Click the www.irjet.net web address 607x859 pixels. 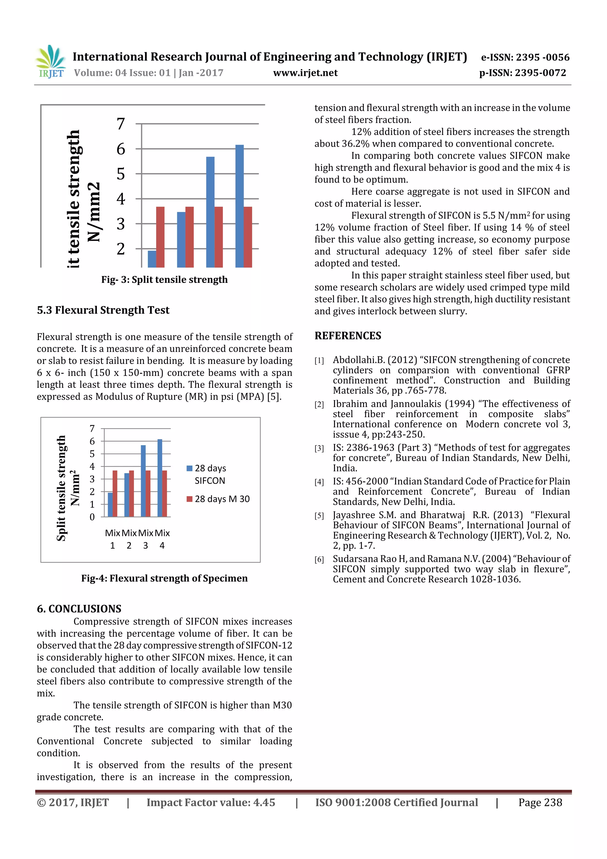click(x=305, y=73)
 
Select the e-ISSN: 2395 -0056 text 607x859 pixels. click(x=525, y=57)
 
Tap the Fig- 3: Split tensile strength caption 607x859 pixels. click(x=164, y=280)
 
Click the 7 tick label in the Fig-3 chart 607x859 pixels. click(x=120, y=124)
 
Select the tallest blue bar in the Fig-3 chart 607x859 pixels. click(x=239, y=206)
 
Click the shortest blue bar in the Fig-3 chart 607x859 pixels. click(x=152, y=259)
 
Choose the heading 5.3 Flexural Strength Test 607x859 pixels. click(x=103, y=310)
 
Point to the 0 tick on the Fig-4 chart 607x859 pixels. click(x=92, y=517)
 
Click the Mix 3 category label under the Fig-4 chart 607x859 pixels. click(x=146, y=539)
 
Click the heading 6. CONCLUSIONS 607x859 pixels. click(x=79, y=609)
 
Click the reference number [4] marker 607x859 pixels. click(x=319, y=482)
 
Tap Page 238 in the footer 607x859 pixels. click(x=540, y=802)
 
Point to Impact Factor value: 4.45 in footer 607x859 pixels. click(x=210, y=802)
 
